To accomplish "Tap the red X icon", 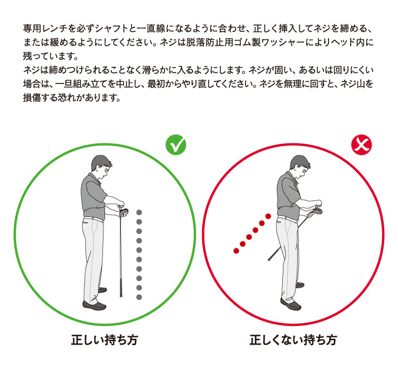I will pos(362,145).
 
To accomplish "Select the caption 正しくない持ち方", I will pos(293,340).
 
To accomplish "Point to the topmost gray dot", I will pos(139,212).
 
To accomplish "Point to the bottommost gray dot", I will pos(139,297).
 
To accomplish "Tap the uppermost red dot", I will pos(269,216).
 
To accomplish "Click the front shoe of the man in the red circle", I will pos(291,306).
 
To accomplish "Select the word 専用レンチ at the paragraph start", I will pos(43,26).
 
